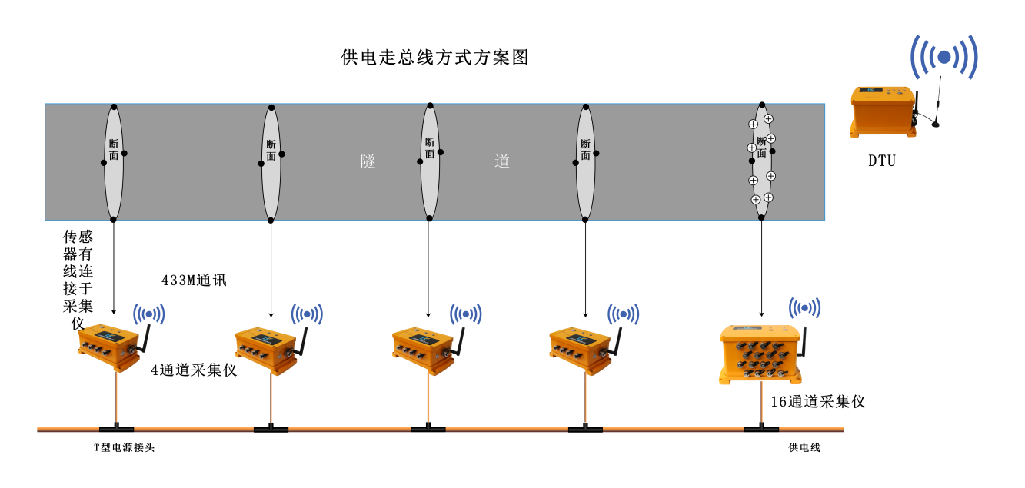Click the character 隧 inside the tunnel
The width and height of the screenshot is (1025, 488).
pos(368,161)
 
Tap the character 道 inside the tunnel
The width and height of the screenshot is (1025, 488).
pos(502,161)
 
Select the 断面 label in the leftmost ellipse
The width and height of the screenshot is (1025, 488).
pos(114,150)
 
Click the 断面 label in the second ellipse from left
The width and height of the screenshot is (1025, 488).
pos(271,150)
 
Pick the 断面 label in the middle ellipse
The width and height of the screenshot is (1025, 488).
pos(430,148)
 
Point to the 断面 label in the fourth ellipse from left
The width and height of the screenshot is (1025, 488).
pos(585,149)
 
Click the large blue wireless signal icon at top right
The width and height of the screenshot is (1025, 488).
pos(943,57)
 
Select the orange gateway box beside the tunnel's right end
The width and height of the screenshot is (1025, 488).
pos(882,111)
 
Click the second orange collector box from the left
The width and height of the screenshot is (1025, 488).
pos(266,349)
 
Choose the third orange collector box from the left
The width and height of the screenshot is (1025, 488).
pos(423,349)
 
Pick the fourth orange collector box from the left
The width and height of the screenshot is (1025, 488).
pos(581,349)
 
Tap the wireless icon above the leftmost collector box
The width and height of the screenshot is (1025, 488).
pos(149,314)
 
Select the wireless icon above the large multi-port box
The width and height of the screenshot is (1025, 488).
pos(804,308)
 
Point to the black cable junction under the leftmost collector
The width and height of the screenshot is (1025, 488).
pos(116,430)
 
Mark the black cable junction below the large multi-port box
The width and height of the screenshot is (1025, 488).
pos(761,430)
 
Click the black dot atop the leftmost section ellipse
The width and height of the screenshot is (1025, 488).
pos(114,107)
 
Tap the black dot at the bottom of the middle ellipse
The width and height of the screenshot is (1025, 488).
pos(430,218)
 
